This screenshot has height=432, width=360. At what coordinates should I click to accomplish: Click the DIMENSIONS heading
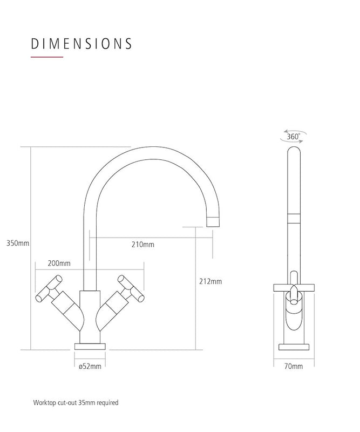tap(81, 43)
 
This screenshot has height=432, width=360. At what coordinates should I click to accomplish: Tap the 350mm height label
tap(17, 243)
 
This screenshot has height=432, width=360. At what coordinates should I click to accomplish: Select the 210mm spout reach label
tap(143, 244)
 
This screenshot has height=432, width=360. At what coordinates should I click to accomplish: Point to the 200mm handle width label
tap(59, 263)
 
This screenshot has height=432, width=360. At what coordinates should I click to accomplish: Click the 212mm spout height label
tap(210, 281)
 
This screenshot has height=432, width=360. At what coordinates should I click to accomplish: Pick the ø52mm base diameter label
tap(90, 366)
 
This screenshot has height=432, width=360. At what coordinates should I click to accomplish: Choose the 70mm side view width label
tap(294, 366)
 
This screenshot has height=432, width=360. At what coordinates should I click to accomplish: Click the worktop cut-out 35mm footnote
tap(76, 403)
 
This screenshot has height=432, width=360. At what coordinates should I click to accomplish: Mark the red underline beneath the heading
tap(47, 57)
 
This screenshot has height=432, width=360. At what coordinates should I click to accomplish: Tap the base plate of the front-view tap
tap(90, 345)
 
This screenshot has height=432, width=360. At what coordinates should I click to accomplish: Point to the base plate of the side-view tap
tap(293, 347)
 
